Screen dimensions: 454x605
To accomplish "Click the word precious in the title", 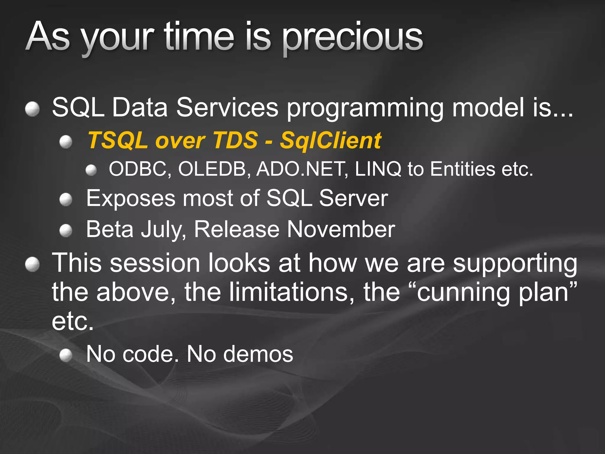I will (x=352, y=38).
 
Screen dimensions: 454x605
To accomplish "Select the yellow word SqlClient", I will (x=331, y=140).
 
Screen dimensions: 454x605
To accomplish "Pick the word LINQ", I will (x=378, y=169).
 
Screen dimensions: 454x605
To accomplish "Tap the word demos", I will (x=258, y=354).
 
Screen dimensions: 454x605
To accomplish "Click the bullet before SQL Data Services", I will (x=32, y=109).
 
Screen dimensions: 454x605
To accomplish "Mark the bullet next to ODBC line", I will (x=91, y=170).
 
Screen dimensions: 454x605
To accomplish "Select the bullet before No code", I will (x=66, y=355).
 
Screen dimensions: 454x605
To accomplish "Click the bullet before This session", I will (x=32, y=264).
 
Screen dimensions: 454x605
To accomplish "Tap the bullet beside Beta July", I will (x=66, y=231).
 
